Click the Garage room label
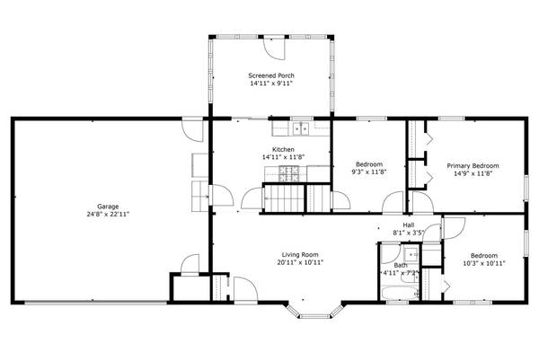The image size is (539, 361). click(x=109, y=207)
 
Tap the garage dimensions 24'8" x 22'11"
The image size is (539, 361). click(x=109, y=216)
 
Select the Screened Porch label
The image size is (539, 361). click(x=271, y=75)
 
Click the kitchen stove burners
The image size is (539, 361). click(x=290, y=171)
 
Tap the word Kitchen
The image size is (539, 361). click(x=284, y=149)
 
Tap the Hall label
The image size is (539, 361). click(x=408, y=225)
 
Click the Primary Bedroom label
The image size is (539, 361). click(x=473, y=166)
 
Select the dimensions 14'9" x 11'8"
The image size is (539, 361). click(x=473, y=175)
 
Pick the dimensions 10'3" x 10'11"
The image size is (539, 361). click(x=484, y=264)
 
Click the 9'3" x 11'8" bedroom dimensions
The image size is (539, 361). click(x=369, y=172)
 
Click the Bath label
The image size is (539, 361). click(x=400, y=265)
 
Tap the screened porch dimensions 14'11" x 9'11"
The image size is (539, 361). click(x=271, y=84)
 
